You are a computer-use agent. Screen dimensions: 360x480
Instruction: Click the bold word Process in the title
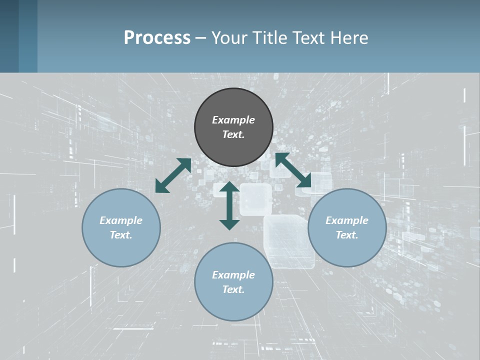click(x=157, y=37)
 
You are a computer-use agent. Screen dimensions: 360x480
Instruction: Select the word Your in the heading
click(x=229, y=37)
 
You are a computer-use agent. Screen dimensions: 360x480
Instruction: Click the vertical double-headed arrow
click(x=229, y=205)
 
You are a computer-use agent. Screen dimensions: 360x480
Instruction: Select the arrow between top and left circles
click(x=173, y=175)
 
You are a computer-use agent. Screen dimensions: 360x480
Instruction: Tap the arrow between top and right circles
click(x=293, y=170)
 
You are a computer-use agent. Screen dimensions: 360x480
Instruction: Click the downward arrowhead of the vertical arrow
click(x=229, y=225)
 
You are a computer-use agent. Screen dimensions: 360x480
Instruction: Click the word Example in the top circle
click(x=233, y=120)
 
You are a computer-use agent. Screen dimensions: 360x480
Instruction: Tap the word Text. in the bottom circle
click(x=233, y=289)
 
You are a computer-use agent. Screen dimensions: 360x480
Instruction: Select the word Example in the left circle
click(x=121, y=220)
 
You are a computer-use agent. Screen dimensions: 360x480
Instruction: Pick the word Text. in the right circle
click(x=347, y=235)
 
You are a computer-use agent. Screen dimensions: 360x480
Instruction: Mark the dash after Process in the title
click(x=200, y=38)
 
